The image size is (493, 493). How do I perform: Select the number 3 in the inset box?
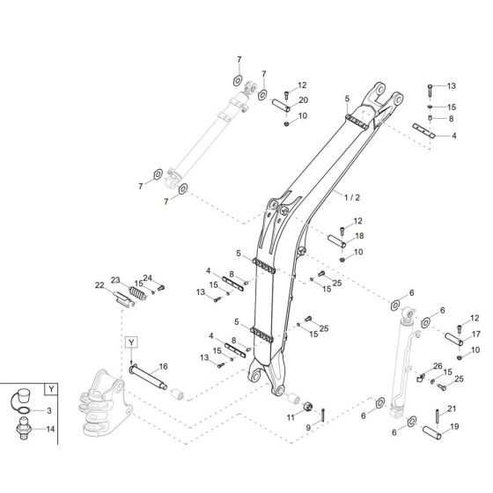[x=48, y=411]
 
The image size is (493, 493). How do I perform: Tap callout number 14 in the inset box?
[x=49, y=429]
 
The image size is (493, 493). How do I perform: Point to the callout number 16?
[x=164, y=366]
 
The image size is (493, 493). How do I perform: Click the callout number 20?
[x=304, y=101]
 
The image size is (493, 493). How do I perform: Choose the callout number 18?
[x=357, y=236]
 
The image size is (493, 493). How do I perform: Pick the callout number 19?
[x=455, y=427]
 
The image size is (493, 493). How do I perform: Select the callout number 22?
[x=100, y=285]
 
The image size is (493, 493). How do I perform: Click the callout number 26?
[x=438, y=365]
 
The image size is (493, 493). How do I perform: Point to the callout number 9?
[x=309, y=427]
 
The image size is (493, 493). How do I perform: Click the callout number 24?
[x=147, y=277]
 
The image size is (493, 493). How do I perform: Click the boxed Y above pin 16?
[x=130, y=341]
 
